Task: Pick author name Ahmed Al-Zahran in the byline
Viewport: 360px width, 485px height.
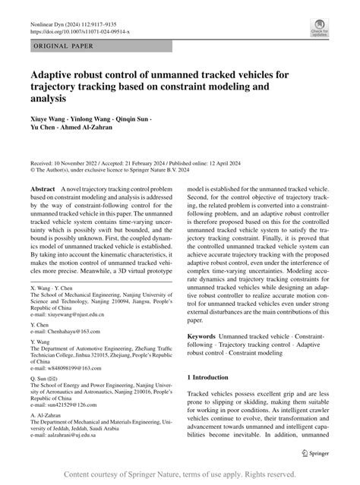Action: (x=102, y=130)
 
